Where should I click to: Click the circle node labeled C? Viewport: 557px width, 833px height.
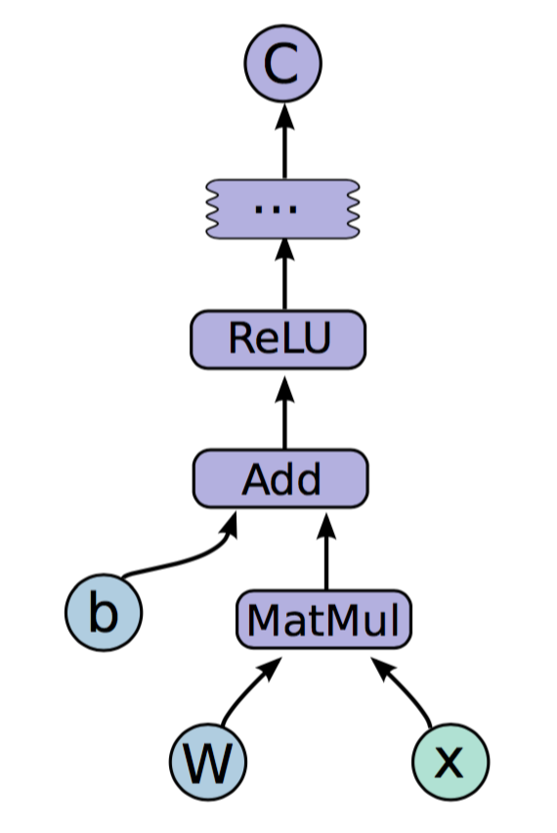click(x=283, y=64)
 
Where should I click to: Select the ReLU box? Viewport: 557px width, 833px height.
click(x=278, y=339)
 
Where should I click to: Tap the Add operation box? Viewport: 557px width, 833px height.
click(x=280, y=479)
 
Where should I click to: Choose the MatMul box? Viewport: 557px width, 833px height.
click(x=323, y=620)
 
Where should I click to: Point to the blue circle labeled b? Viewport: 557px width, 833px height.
click(x=104, y=613)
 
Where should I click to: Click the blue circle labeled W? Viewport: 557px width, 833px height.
click(x=208, y=762)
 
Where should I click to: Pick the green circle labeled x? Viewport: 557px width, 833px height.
click(x=450, y=762)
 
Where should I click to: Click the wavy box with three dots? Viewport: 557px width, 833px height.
click(x=283, y=209)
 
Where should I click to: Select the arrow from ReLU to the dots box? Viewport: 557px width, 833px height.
click(x=284, y=274)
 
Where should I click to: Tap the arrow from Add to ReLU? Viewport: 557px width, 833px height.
click(x=284, y=413)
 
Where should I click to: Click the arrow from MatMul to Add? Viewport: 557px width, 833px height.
click(x=326, y=551)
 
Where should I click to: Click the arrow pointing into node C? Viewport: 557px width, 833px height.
click(x=284, y=141)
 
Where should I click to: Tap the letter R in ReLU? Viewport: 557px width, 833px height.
click(x=240, y=338)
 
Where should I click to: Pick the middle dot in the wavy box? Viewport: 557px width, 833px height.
click(x=276, y=210)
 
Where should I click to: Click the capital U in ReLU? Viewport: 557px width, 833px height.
click(x=316, y=339)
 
